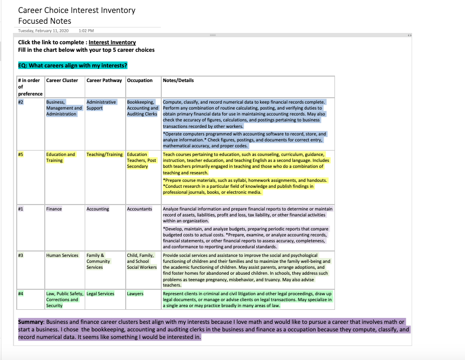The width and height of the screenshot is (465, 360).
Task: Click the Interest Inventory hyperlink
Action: [x=112, y=42]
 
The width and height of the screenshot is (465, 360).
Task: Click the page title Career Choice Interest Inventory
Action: [x=77, y=10]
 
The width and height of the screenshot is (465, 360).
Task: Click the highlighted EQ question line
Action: [x=73, y=66]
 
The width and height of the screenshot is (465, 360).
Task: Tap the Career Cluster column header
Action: [x=62, y=80]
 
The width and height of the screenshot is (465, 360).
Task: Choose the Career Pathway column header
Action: [x=104, y=80]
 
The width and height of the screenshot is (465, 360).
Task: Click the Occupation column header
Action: [x=140, y=80]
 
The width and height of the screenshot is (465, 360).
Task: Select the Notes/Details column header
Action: [x=178, y=80]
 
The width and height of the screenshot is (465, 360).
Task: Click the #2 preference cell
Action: [x=20, y=102]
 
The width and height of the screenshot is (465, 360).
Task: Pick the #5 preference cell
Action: [x=20, y=154]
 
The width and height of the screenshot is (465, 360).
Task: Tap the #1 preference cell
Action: [x=20, y=209]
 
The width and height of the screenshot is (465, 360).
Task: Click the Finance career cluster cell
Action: [x=54, y=209]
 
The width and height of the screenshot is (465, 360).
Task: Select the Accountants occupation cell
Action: [x=140, y=209]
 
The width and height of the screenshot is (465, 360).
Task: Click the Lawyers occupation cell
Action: [x=135, y=294]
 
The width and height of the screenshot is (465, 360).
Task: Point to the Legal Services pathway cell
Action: [x=100, y=294]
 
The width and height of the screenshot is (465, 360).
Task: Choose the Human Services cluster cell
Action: [x=62, y=255]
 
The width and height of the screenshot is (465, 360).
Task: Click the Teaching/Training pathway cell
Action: [x=105, y=154]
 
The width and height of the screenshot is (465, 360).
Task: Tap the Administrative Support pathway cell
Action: [x=101, y=105]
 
